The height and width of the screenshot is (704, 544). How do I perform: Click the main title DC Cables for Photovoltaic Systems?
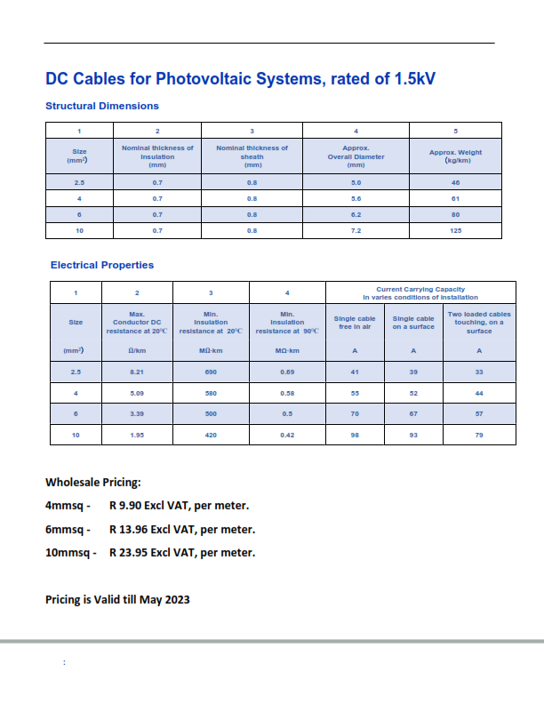point(240,80)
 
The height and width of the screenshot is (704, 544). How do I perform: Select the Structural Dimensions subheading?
point(102,106)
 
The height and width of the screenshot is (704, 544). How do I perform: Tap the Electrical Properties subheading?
point(102,265)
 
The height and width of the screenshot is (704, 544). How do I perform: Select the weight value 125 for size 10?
point(455,231)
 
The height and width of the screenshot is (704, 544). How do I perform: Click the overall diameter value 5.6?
point(356,198)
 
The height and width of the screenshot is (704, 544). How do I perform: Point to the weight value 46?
point(455,181)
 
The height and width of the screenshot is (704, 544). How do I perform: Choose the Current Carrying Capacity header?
point(420,293)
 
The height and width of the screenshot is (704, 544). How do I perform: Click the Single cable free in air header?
point(355,323)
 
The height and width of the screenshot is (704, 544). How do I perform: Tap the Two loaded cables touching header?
point(479,323)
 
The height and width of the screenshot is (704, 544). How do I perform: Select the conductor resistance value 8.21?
point(137,372)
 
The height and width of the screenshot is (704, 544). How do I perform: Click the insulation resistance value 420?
point(211,435)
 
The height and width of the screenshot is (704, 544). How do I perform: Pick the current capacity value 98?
point(355,435)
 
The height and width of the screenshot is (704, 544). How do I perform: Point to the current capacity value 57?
point(479,413)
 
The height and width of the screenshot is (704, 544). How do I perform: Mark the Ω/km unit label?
point(137,351)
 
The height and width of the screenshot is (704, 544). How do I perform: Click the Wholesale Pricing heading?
point(93,483)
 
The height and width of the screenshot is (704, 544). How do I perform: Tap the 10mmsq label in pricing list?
point(68,552)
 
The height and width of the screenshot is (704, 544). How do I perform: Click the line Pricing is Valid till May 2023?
point(117,599)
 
